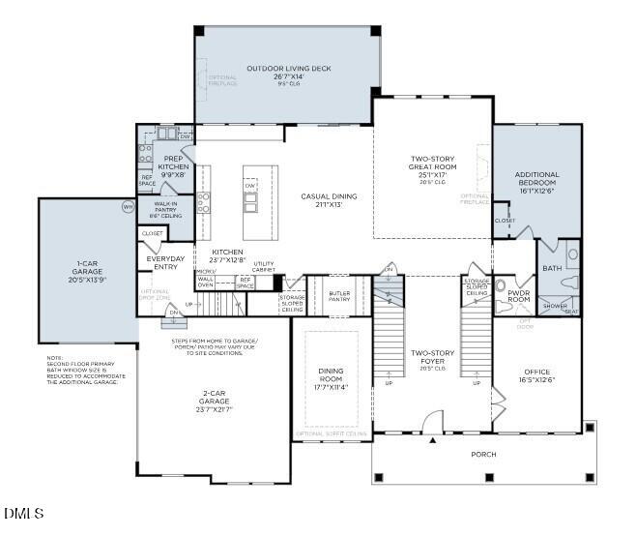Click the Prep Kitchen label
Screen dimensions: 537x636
pyautogui.click(x=174, y=163)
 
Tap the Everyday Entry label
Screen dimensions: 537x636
pyautogui.click(x=164, y=263)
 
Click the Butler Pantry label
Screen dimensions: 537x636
pyautogui.click(x=339, y=296)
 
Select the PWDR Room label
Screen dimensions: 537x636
pyautogui.click(x=519, y=297)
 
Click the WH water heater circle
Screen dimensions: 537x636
pyautogui.click(x=128, y=207)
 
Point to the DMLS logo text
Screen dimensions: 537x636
pyautogui.click(x=23, y=513)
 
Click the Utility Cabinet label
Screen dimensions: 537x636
pyautogui.click(x=264, y=266)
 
